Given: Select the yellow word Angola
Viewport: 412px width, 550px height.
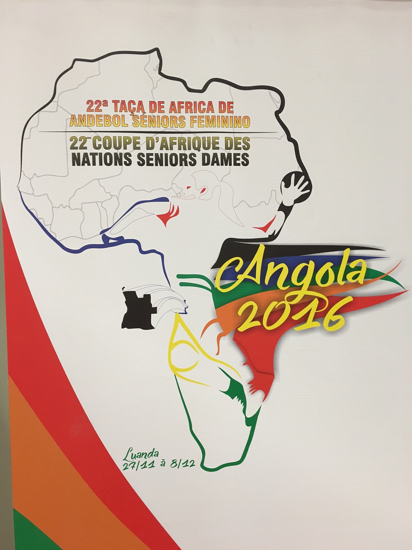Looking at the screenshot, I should [292, 273].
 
